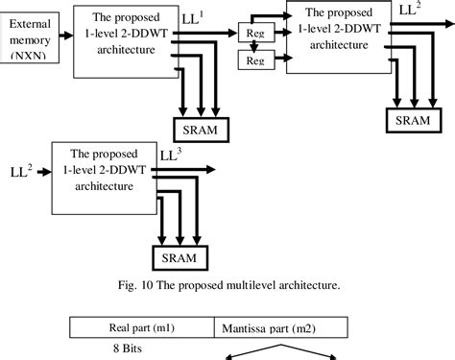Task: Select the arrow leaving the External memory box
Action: pos(66,36)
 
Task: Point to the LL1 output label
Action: pos(194,17)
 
